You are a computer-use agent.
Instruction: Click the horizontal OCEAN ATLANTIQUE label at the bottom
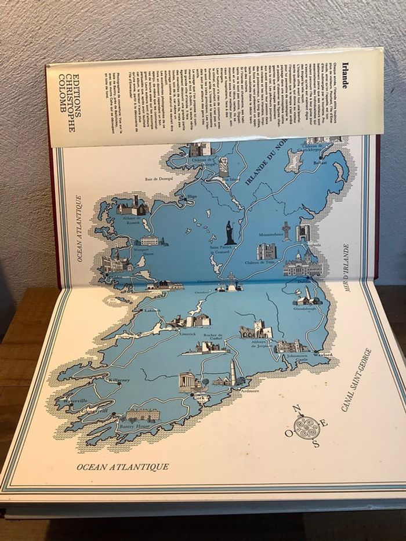(123, 467)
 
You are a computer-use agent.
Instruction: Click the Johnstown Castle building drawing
(291, 346)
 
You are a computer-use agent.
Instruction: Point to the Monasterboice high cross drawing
(286, 230)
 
